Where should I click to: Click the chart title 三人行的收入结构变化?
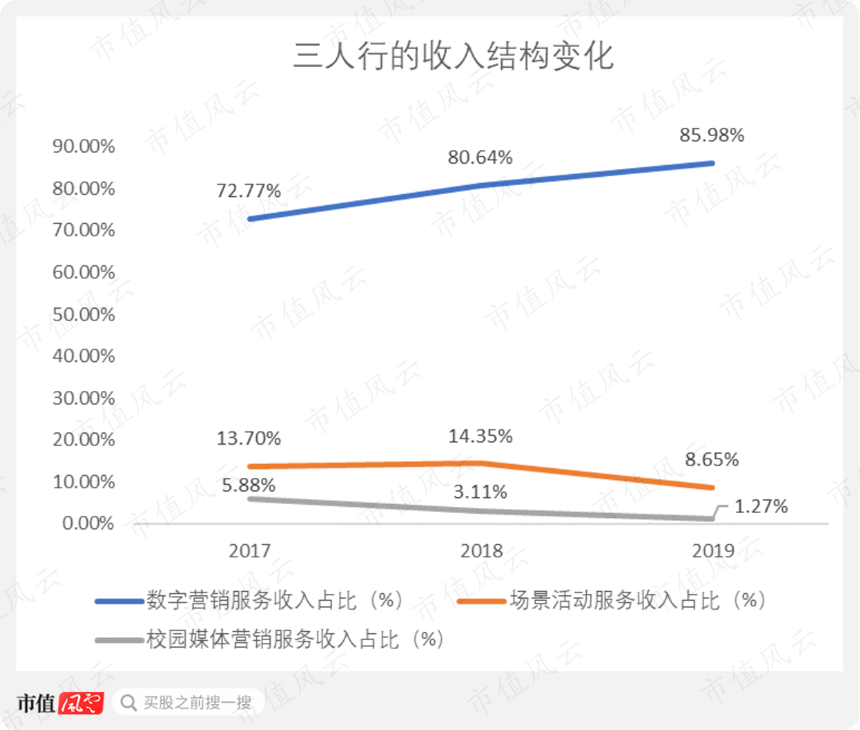453,56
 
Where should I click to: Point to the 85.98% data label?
711,135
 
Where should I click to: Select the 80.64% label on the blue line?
480,158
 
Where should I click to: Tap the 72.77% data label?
249,190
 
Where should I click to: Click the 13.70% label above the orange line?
249,438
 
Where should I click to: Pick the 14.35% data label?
481,436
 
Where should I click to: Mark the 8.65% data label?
711,459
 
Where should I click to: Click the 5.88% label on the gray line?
249,485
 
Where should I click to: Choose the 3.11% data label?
480,492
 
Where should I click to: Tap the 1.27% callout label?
760,506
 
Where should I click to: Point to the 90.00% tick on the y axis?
83,146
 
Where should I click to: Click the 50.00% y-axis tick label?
83,314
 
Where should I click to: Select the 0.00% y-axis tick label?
88,523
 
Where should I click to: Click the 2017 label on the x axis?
250,551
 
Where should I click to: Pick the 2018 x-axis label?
481,551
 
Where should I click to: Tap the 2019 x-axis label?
713,551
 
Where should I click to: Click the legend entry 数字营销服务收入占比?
250,601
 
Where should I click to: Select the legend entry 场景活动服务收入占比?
611,601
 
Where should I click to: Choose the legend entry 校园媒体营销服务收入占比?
270,639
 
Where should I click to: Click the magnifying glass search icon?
128,702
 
